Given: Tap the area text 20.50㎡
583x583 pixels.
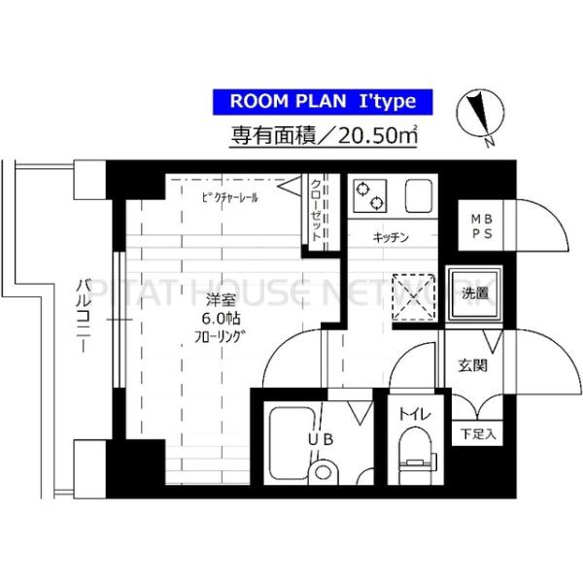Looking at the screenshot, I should [370, 136].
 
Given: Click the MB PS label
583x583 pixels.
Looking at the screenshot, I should [481, 227].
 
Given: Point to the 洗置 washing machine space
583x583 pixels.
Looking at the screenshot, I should [475, 291].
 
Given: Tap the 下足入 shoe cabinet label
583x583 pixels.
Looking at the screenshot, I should [477, 434].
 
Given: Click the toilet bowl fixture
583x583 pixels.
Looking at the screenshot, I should [416, 457].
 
